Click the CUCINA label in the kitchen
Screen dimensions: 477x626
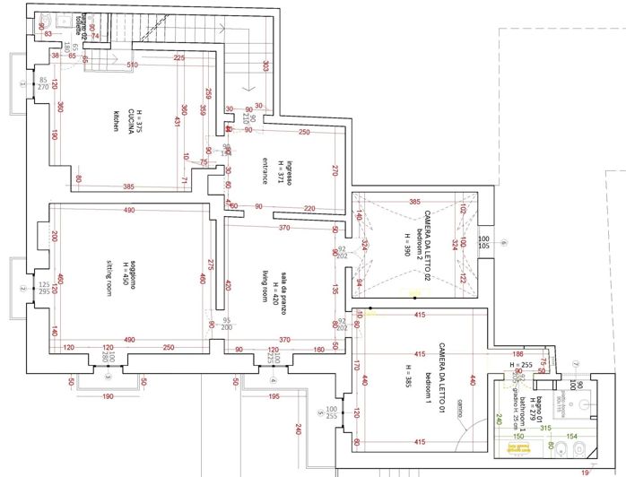click(x=131, y=120)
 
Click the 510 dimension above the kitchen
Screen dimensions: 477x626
click(x=132, y=65)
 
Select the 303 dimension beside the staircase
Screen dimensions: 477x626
click(x=265, y=65)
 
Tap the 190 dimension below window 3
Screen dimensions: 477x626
click(x=107, y=395)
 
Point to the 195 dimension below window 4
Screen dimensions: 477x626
click(x=274, y=395)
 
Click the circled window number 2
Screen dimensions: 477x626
click(x=21, y=288)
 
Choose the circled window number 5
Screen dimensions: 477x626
click(x=320, y=413)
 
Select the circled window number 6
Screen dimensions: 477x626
click(x=504, y=243)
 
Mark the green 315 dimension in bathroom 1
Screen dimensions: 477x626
click(x=544, y=429)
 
